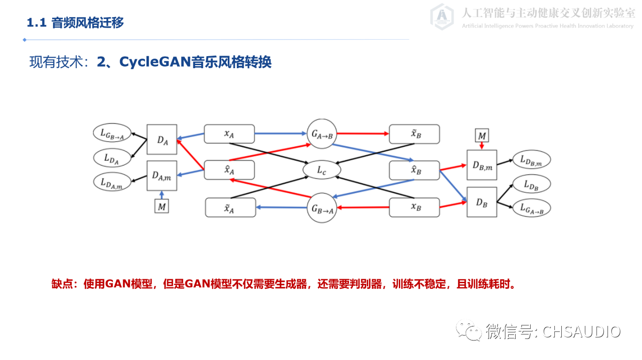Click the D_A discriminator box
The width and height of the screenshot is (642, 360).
[x=162, y=139]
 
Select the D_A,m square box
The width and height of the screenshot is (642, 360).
[x=162, y=175]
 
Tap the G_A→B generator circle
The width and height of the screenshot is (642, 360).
[x=322, y=134]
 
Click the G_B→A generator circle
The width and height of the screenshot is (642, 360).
[x=322, y=208]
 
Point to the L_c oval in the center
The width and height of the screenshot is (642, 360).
[x=322, y=170]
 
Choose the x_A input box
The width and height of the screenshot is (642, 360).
[x=229, y=134]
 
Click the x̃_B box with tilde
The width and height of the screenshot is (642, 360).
[x=414, y=134]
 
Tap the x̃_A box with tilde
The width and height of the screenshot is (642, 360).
[x=230, y=208]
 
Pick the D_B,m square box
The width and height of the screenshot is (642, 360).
[x=481, y=165]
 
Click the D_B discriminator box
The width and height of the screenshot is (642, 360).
[x=481, y=202]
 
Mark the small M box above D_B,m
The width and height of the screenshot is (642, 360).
[x=481, y=135]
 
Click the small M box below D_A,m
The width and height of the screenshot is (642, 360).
[x=162, y=206]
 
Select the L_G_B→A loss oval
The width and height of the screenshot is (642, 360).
[x=112, y=133]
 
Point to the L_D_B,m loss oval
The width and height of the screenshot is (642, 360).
[x=531, y=160]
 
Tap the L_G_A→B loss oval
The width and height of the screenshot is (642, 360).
[x=532, y=208]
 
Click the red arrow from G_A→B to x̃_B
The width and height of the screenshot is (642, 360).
[x=363, y=134]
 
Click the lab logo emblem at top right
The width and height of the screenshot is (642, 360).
[x=442, y=17]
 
